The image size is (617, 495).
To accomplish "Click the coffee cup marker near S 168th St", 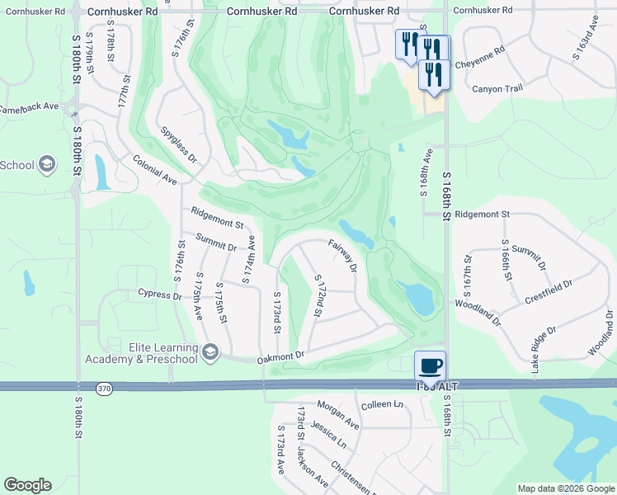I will [430, 365].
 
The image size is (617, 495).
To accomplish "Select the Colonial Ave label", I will [155, 169].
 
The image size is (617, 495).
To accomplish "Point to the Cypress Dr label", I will [160, 294].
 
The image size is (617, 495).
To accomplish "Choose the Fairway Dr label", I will [342, 255].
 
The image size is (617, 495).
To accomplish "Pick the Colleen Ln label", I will [382, 404].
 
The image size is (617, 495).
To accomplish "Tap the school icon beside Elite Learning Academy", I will [211, 353].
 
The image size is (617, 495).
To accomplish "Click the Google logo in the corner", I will [27, 485].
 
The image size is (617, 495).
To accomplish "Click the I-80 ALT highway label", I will [436, 386].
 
